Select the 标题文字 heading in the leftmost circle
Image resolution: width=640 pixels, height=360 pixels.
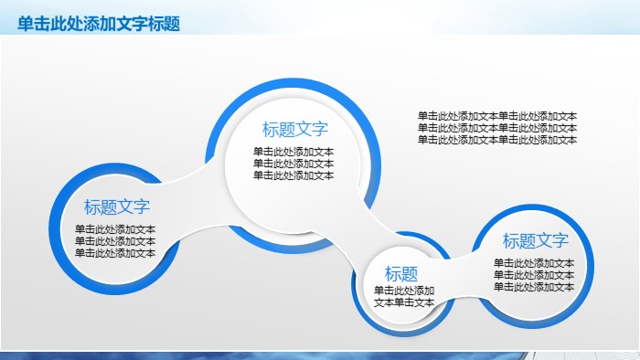click(117, 207)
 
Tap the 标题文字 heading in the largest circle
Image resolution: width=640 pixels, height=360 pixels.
click(294, 130)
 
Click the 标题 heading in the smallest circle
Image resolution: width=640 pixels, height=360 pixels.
click(401, 273)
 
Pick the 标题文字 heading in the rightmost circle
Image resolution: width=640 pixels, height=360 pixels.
click(536, 241)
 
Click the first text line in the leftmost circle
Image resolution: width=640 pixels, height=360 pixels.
click(115, 229)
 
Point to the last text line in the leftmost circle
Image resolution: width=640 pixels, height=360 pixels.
click(115, 253)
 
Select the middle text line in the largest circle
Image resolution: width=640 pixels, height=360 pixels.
click(293, 164)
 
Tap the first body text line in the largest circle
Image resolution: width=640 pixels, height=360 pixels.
click(293, 152)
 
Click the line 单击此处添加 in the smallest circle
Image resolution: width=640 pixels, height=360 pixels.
click(404, 291)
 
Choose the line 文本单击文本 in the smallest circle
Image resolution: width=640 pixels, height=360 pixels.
click(404, 302)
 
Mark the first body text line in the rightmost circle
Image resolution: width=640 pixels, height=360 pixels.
click(534, 263)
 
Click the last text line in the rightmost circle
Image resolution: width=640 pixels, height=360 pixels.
click(534, 287)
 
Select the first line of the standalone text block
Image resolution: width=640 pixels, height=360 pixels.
click(497, 116)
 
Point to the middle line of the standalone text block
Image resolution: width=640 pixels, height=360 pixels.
click(497, 128)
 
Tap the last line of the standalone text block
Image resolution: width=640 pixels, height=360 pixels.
click(497, 140)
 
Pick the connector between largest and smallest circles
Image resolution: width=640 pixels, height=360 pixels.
click(352, 239)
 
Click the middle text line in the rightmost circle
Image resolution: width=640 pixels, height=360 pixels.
click(534, 275)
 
